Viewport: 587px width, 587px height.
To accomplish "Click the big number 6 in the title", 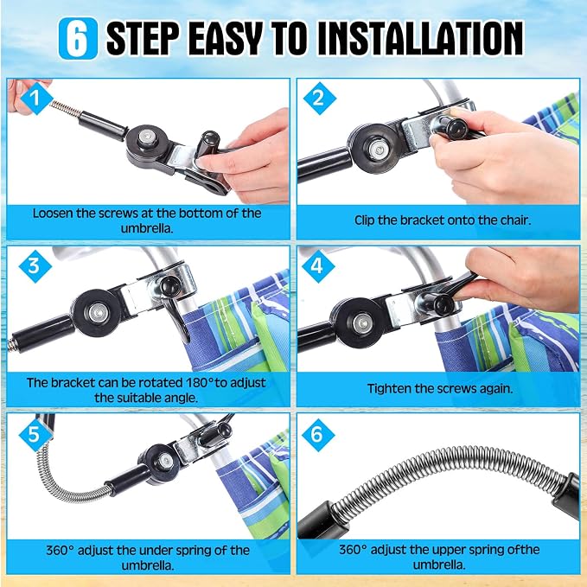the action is point(78,39).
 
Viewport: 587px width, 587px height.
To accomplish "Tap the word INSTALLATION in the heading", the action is point(421,38).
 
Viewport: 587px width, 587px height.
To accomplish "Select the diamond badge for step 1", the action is point(36,98).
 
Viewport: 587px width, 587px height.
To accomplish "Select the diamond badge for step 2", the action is point(319,99).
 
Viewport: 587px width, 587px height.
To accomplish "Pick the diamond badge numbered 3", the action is point(35,265).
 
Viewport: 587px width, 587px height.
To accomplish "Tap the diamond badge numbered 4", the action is point(317,266).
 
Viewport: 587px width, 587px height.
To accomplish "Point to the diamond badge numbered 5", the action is point(35,434).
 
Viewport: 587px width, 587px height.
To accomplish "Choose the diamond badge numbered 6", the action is point(317,434).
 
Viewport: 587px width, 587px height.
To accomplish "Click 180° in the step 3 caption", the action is point(200,383).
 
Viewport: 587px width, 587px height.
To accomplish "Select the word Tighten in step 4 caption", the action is point(388,388).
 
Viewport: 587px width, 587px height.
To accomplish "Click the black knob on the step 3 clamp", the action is point(170,286).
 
